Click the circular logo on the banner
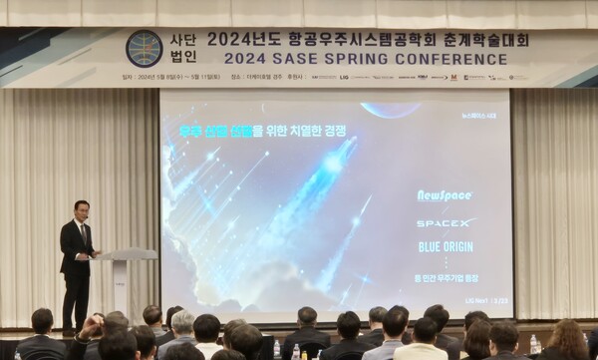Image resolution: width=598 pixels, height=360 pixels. coord(144,48)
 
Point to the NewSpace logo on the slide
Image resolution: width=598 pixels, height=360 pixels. coord(445,195)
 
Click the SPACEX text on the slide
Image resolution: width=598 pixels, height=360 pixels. coord(445,222)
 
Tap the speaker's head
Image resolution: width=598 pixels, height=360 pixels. coord(82,210)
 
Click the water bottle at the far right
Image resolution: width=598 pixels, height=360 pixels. coord(534,345)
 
